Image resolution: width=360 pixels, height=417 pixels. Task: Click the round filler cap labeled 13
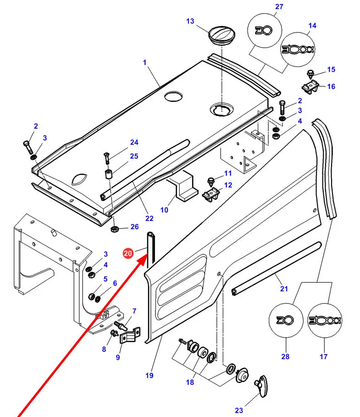pyautogui.click(x=222, y=35)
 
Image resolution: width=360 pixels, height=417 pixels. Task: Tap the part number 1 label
pyautogui.click(x=144, y=62)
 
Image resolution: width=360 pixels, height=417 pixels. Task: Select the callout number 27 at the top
pyautogui.click(x=279, y=6)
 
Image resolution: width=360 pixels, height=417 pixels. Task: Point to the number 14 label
pyautogui.click(x=312, y=26)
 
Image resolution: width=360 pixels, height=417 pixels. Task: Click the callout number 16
pyautogui.click(x=331, y=86)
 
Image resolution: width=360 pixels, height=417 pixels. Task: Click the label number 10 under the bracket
pyautogui.click(x=164, y=210)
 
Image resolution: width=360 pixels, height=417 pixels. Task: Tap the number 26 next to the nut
pyautogui.click(x=134, y=226)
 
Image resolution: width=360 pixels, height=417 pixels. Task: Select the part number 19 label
pyautogui.click(x=149, y=376)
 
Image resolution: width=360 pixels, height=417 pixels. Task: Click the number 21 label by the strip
pyautogui.click(x=284, y=288)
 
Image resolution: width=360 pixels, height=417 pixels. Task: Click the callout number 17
pyautogui.click(x=324, y=357)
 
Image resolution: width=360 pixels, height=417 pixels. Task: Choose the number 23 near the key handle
pyautogui.click(x=239, y=411)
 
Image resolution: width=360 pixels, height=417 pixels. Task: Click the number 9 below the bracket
pyautogui.click(x=117, y=357)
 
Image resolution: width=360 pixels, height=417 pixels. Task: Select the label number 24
pyautogui.click(x=134, y=143)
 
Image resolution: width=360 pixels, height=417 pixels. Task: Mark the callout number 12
pyautogui.click(x=227, y=185)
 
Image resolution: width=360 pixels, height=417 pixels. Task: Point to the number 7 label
pyautogui.click(x=134, y=312)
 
